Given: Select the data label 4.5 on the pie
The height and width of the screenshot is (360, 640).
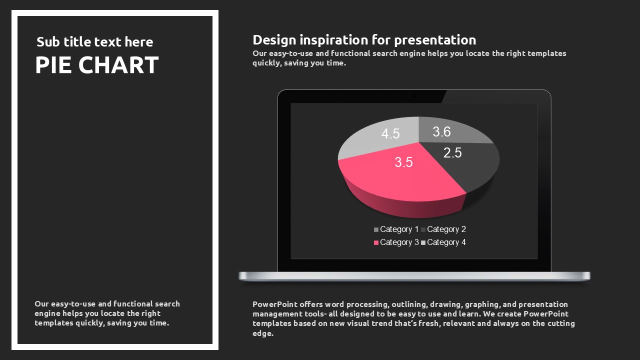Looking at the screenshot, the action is [x=390, y=133].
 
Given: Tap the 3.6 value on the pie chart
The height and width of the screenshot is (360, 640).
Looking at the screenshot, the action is [x=441, y=131].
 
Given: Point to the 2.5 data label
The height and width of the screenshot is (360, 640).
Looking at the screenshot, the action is [x=452, y=153].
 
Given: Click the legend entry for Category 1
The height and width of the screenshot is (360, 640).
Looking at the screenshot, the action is [x=396, y=229].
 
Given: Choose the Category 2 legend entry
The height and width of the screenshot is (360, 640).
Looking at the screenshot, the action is [x=443, y=229].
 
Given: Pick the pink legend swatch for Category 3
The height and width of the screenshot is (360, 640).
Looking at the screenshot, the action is [x=376, y=242].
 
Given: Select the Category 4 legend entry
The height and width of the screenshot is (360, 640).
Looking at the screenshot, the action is [x=443, y=242].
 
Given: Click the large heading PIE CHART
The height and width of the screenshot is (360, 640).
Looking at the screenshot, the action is [x=97, y=65].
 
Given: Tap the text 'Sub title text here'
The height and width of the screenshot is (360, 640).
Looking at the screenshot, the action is [x=95, y=42].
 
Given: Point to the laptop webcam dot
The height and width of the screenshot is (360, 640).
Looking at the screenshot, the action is [x=414, y=96].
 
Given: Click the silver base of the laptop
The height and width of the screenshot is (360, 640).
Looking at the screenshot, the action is [x=414, y=276].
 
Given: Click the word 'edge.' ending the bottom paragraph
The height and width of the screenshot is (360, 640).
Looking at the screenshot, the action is [x=263, y=333].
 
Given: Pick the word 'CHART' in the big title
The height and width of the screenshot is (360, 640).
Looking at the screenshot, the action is [x=118, y=65].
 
